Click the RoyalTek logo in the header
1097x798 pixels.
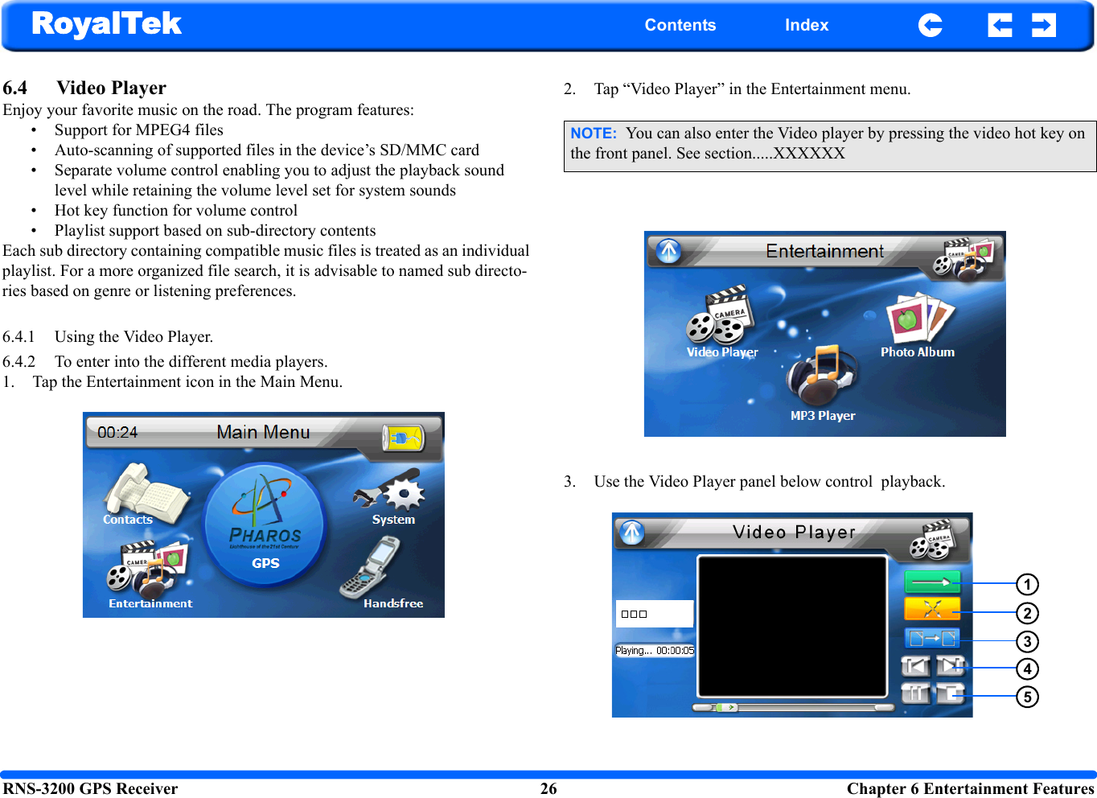click(106, 24)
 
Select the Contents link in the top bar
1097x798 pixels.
click(680, 25)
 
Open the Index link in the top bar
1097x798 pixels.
click(806, 25)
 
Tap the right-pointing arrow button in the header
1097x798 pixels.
click(1043, 25)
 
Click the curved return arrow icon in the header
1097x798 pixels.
click(930, 25)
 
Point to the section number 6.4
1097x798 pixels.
click(14, 88)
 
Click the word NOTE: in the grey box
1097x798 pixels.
click(593, 134)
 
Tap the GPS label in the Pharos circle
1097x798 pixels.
click(265, 563)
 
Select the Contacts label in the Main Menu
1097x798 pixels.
click(127, 520)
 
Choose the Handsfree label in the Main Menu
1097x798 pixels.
click(392, 603)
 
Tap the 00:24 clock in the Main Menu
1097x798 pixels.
click(117, 432)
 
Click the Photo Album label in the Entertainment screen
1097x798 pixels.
click(917, 352)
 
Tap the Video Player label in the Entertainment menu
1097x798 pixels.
click(721, 352)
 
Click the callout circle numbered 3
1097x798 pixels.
click(1027, 641)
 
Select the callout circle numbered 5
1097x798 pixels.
click(1027, 697)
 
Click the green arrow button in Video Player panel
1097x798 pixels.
click(931, 582)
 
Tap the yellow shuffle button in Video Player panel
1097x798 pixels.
click(931, 609)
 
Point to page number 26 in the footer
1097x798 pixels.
click(548, 788)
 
